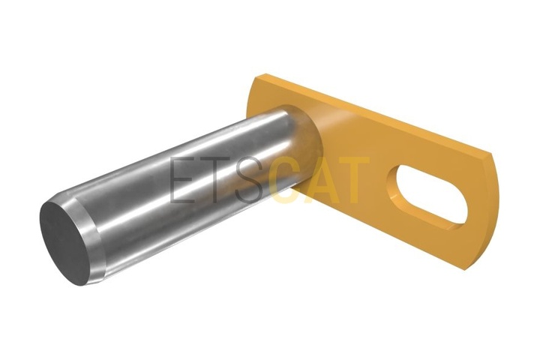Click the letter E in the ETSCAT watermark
click(x=185, y=180)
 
